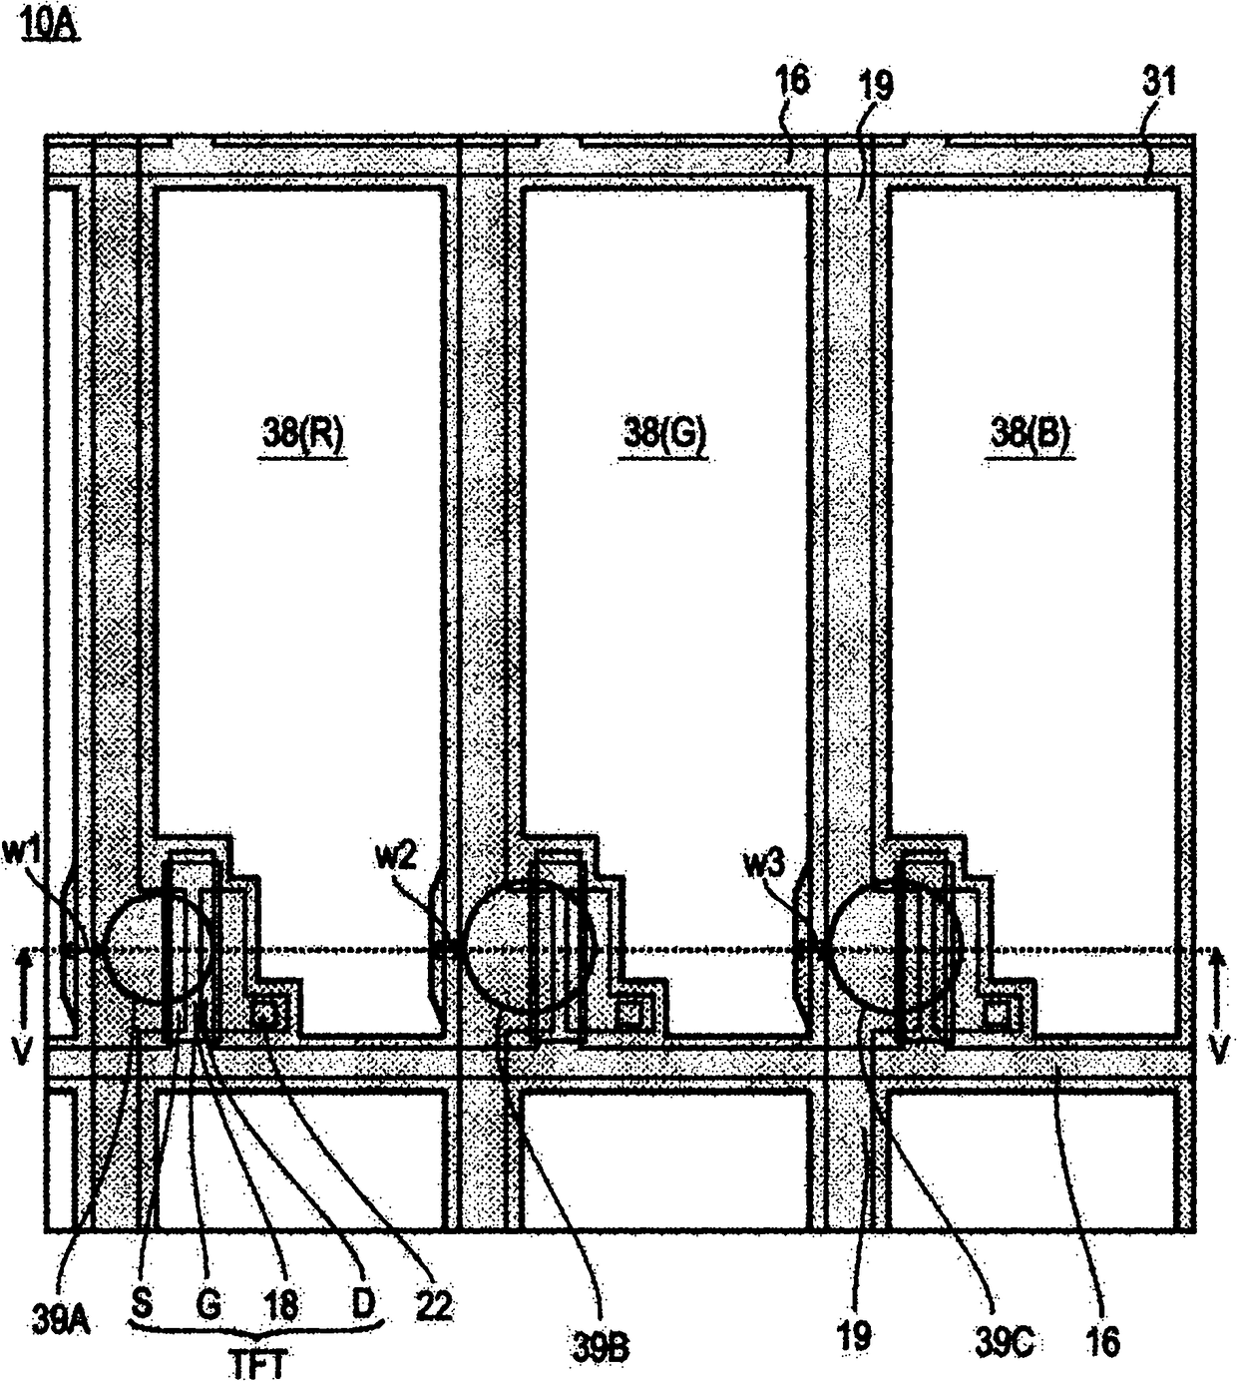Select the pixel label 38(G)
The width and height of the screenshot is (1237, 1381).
pos(665,436)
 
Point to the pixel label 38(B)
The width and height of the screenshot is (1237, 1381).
pos(1031,436)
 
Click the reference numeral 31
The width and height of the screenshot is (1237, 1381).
pos(1158,83)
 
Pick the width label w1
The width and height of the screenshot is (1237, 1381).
pos(27,854)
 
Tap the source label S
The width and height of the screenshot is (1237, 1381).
pos(143,1304)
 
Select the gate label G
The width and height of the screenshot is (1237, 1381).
pos(206,1304)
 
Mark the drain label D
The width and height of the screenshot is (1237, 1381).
pos(363,1304)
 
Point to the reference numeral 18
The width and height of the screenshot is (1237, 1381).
pos(282,1305)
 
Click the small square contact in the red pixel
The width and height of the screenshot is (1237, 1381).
pos(266,1014)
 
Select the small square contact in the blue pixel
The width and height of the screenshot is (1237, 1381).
pos(998,1014)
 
